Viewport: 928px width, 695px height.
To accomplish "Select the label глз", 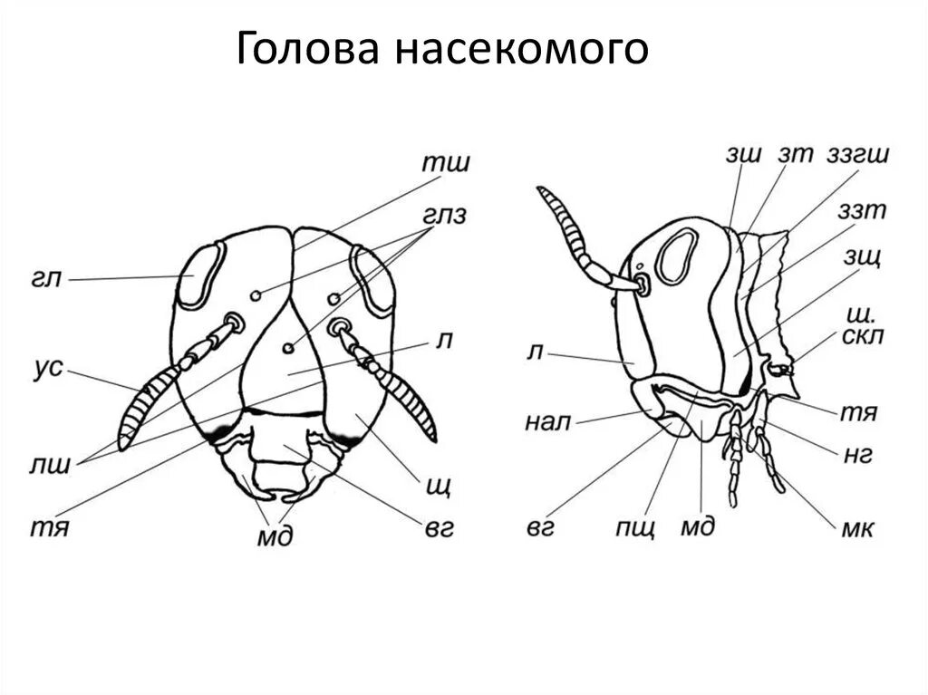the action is pos(444,217).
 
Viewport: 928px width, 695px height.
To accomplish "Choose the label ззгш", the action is pos(858,154).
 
